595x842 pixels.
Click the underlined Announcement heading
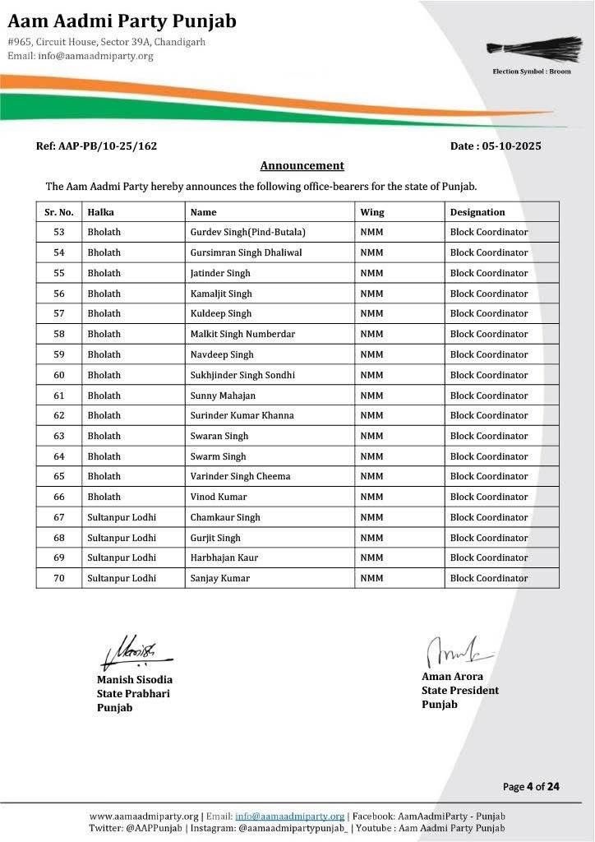click(x=302, y=165)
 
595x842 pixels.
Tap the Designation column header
click(x=477, y=212)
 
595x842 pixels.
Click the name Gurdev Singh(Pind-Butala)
click(x=247, y=233)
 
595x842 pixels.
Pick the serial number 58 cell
click(x=58, y=334)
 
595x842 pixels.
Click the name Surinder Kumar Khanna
click(x=242, y=415)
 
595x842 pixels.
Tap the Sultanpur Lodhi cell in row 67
click(x=121, y=517)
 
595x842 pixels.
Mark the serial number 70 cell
click(x=58, y=578)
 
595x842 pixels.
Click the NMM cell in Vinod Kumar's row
click(x=371, y=497)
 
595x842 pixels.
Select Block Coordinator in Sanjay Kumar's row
click(x=488, y=578)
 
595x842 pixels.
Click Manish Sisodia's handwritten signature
click(x=133, y=652)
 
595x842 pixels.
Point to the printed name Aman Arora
click(x=452, y=677)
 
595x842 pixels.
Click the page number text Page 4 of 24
click(x=531, y=787)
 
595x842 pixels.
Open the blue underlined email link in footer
click(x=289, y=816)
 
